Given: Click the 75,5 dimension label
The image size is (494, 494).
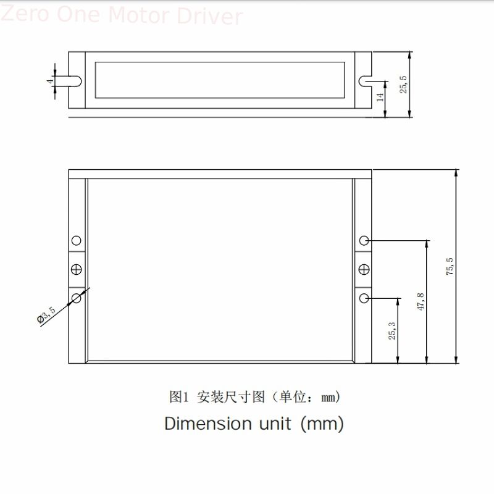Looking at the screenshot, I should pos(450,266).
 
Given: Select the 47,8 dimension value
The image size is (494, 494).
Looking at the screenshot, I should pos(421,302).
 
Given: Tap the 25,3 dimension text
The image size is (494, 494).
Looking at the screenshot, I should pos(392,331).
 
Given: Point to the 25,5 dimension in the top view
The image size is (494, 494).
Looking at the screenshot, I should pos(403,84).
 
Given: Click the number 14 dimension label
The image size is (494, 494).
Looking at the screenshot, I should pos(380,97).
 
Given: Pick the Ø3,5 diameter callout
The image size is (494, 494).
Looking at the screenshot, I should pos(47,314).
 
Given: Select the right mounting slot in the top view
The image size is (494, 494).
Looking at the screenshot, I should pos(364,81).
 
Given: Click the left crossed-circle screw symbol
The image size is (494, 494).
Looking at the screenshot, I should pos(77,269).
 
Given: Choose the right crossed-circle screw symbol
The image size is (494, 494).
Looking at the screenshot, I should pos(364,269).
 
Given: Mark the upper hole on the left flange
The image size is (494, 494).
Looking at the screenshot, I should pos(77,240).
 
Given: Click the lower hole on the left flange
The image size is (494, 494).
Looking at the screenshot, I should pos(77,298).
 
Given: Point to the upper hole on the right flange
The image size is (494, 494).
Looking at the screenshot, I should pos(364,240).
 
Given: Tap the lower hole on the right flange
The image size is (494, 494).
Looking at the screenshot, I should pos(364,298).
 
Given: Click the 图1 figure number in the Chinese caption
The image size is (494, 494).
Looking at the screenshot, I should pos(178,397).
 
